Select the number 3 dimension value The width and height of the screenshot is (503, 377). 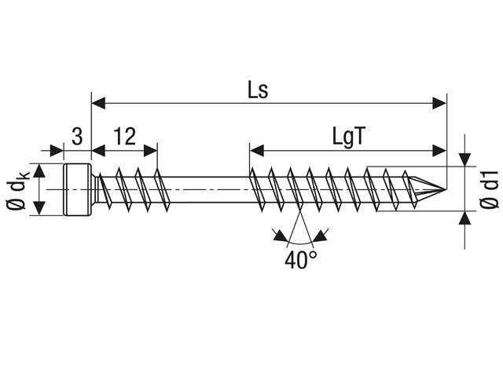77,136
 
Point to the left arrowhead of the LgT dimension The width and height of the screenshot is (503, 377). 255,148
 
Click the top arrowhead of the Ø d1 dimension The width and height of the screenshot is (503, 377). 465,158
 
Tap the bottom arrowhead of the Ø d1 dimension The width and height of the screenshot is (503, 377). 465,221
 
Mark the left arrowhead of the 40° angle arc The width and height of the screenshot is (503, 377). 277,233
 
